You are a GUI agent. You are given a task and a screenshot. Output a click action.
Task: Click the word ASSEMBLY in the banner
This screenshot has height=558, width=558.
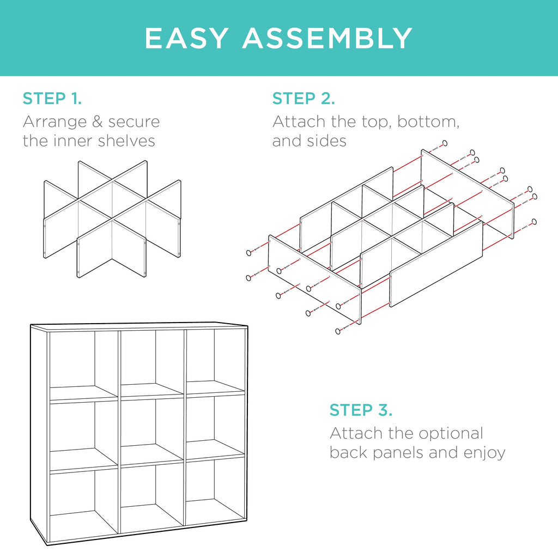click(x=327, y=38)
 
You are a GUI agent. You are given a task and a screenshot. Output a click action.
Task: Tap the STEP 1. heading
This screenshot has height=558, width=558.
click(x=52, y=99)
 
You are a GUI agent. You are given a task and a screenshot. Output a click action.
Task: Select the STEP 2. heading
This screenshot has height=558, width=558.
click(x=304, y=99)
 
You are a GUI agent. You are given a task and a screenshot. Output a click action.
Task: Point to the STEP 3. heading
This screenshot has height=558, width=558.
click(x=361, y=410)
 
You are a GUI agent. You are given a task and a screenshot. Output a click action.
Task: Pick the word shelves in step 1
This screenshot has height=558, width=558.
click(x=127, y=141)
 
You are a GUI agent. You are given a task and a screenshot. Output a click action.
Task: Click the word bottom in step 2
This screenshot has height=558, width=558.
click(x=428, y=122)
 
